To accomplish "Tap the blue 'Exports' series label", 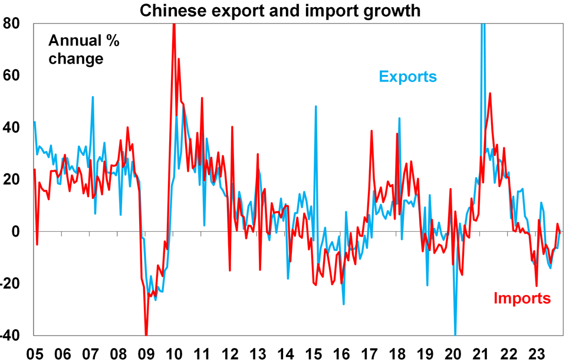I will point(407,76).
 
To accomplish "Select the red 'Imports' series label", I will point(522,299).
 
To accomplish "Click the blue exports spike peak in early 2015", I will point(316,107).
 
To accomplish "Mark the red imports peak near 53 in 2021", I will point(490,93).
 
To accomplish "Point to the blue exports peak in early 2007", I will point(93,97).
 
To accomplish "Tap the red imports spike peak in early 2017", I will point(371,131).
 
